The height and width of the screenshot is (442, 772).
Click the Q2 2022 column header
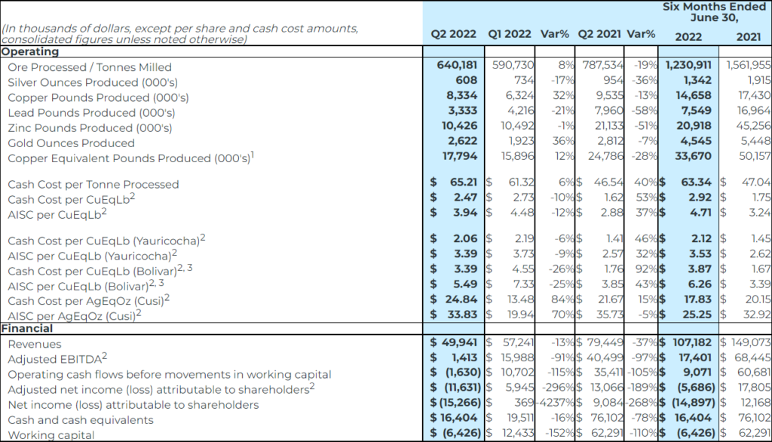click(x=454, y=35)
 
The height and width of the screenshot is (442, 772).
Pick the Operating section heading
click(x=30, y=52)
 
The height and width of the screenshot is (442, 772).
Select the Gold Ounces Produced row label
click(x=71, y=143)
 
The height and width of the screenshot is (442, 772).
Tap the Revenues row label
click(x=34, y=344)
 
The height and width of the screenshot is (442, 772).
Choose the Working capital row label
click(x=51, y=435)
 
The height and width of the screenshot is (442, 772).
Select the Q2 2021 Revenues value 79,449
click(x=606, y=344)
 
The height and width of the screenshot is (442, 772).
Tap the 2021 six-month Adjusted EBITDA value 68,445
click(x=752, y=359)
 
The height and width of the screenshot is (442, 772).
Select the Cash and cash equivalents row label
click(x=81, y=420)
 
